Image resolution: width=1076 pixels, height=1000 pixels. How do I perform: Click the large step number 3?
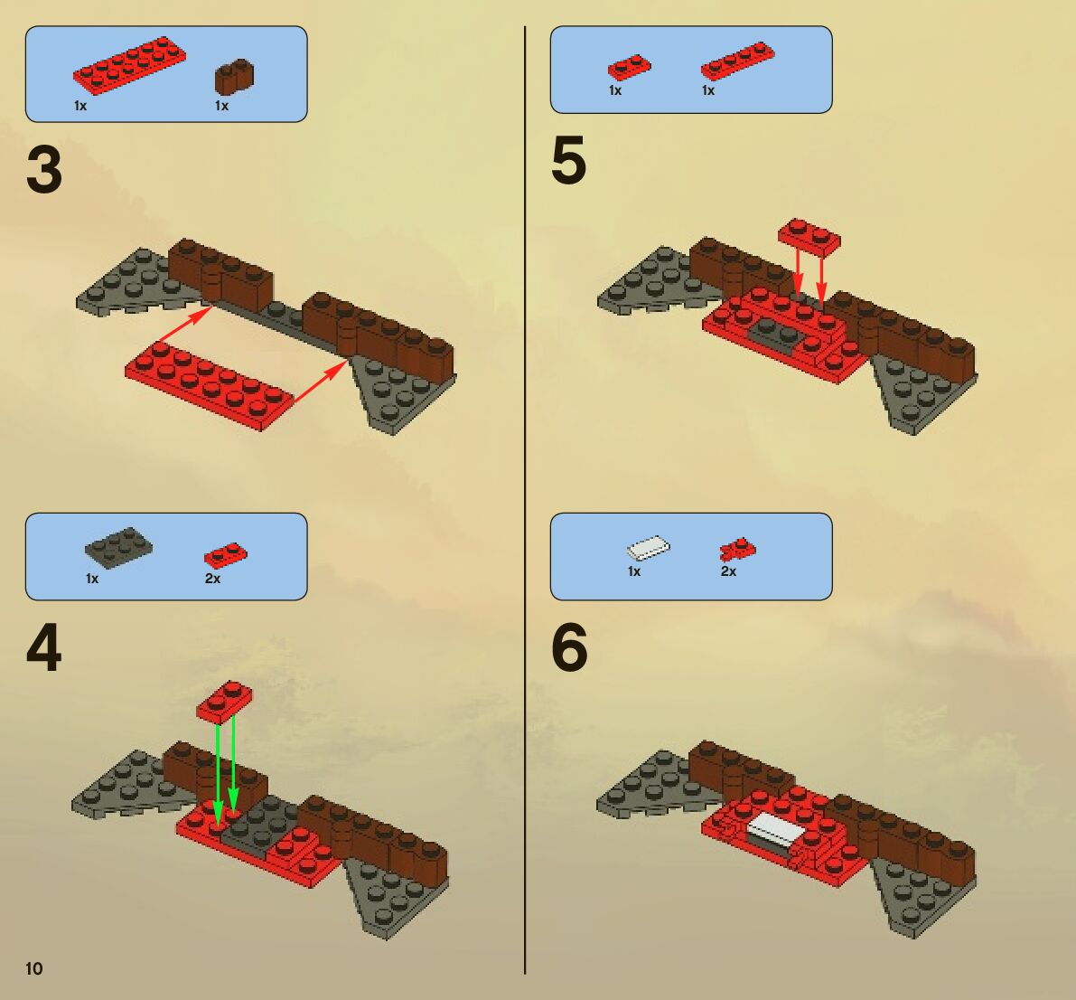[44, 170]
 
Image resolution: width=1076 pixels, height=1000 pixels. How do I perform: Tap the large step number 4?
[44, 648]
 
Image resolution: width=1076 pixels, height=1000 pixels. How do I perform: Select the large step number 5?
[569, 161]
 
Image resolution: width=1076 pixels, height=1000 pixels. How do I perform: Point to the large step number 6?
[569, 647]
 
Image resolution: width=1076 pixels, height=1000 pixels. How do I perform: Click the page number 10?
[33, 968]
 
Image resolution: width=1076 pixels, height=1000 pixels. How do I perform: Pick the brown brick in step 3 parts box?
[235, 76]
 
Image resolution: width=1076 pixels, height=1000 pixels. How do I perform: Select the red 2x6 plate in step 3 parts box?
[129, 65]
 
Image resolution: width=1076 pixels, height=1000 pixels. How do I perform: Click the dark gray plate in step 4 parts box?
[118, 547]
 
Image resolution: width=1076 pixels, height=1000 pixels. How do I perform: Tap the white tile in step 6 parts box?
[649, 548]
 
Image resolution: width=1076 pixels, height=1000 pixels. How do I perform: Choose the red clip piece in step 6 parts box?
[737, 550]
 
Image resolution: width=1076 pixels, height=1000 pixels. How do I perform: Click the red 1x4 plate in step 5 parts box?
[738, 61]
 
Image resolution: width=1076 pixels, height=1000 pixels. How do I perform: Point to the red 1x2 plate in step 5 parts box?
[630, 67]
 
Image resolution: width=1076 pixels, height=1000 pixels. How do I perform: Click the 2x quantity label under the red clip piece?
[728, 571]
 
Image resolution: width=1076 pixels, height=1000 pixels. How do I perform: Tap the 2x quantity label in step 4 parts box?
[212, 579]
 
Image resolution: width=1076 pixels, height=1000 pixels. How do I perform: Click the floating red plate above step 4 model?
[224, 702]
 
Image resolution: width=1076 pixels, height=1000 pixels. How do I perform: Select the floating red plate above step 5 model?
[809, 238]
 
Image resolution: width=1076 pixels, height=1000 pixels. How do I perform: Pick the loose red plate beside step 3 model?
[209, 386]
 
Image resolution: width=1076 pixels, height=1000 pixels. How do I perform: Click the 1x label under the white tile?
[634, 571]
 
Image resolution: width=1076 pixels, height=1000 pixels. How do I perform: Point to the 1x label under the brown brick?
[221, 106]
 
